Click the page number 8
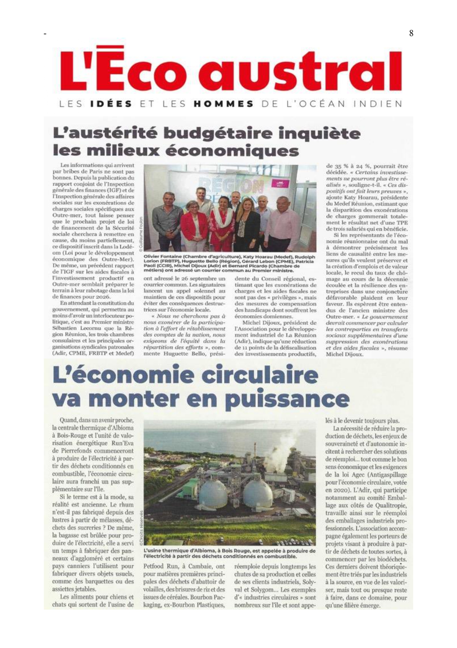[411, 33]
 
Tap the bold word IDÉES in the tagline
[111, 104]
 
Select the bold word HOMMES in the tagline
[223, 104]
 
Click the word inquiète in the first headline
[319, 133]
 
